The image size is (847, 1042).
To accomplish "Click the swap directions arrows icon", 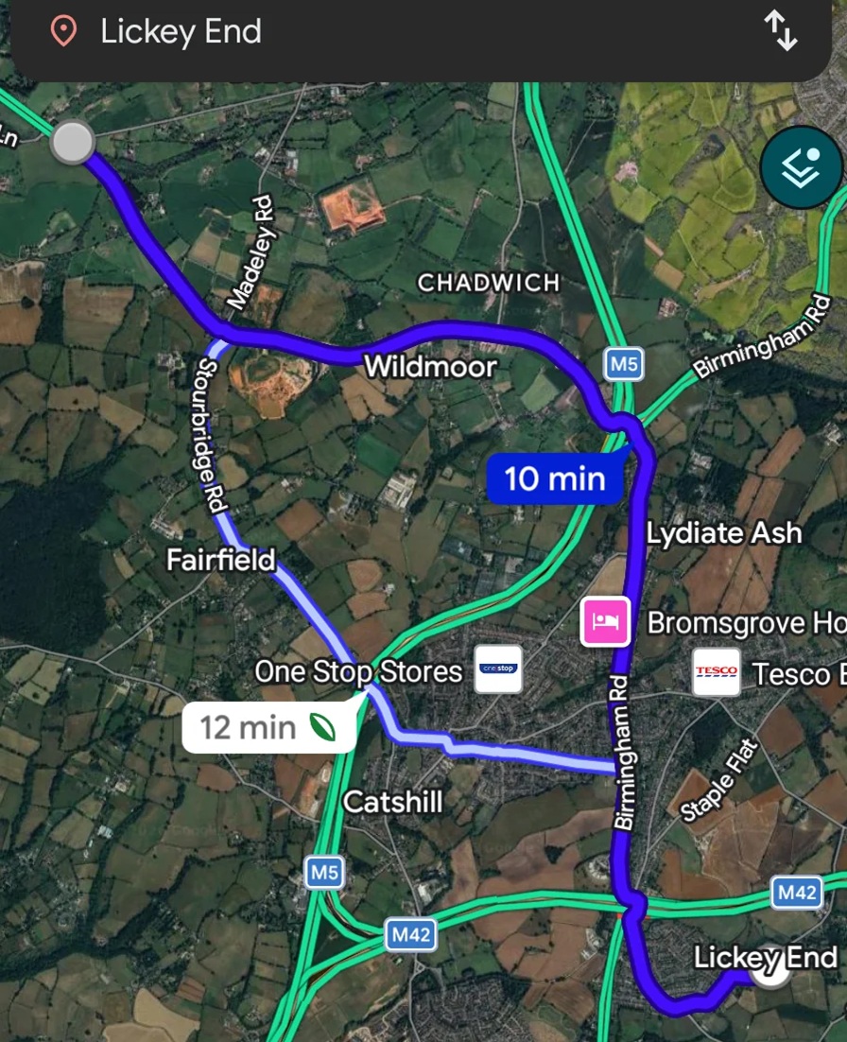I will [x=781, y=31].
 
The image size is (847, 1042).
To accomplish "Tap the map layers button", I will [x=801, y=166].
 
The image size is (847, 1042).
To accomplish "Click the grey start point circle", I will [x=72, y=143].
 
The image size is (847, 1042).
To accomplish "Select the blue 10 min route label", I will [x=555, y=478].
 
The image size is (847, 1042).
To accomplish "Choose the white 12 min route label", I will [x=268, y=727].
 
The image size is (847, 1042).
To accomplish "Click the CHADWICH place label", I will [x=489, y=283].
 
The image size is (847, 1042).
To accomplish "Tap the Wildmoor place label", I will [x=430, y=366].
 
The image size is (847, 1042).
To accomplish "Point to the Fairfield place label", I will [x=220, y=560].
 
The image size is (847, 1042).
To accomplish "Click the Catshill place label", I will [x=392, y=802].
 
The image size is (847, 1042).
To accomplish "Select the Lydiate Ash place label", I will [x=724, y=533].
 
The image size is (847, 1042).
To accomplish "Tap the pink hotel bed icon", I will [x=605, y=621].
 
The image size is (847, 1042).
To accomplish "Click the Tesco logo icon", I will [x=716, y=672].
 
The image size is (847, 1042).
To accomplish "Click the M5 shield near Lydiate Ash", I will [x=624, y=363].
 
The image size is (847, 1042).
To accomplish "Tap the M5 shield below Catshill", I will [x=323, y=872].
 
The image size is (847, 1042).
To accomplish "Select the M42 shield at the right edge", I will [x=796, y=892].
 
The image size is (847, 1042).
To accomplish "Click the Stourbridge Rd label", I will [x=213, y=436].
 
